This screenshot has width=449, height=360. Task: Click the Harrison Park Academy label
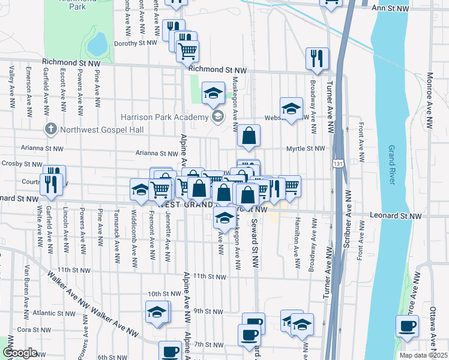(x=164, y=116)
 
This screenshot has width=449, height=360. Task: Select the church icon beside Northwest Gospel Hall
(x=51, y=129)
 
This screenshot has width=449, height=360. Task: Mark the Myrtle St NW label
(x=306, y=148)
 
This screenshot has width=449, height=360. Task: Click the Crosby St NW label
(x=20, y=163)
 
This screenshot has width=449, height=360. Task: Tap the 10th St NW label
(x=163, y=294)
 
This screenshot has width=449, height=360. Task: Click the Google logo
(x=20, y=353)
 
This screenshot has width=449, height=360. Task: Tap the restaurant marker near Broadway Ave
(x=316, y=59)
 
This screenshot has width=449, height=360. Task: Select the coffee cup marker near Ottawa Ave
(x=407, y=326)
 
